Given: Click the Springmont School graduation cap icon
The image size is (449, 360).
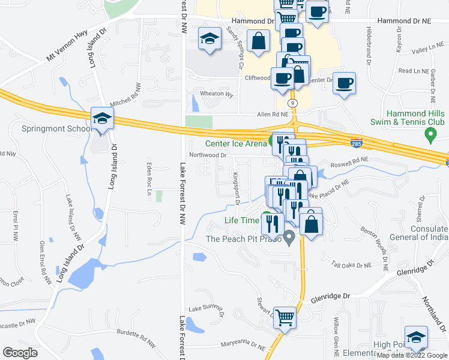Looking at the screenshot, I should (102, 119).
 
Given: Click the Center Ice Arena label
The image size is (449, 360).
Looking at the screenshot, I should (236, 143).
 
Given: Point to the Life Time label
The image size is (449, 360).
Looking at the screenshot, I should (241, 220).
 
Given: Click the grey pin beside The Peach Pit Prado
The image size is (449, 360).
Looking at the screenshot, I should (289, 238).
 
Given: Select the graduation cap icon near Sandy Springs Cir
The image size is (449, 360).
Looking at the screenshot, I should (209, 40).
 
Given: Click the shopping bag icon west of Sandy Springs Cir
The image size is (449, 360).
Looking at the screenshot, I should (258, 41).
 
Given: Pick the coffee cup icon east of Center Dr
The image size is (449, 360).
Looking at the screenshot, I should (345, 83).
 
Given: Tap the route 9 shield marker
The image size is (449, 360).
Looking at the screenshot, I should (292, 103).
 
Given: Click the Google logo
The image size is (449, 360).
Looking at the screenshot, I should (20, 353).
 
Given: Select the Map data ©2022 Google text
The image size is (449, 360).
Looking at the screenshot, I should (411, 355).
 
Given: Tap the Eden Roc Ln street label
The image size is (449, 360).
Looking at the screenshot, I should (149, 179).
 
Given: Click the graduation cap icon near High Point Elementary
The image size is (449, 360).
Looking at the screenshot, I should (416, 338).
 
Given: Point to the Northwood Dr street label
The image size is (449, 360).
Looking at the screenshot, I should (207, 155).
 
